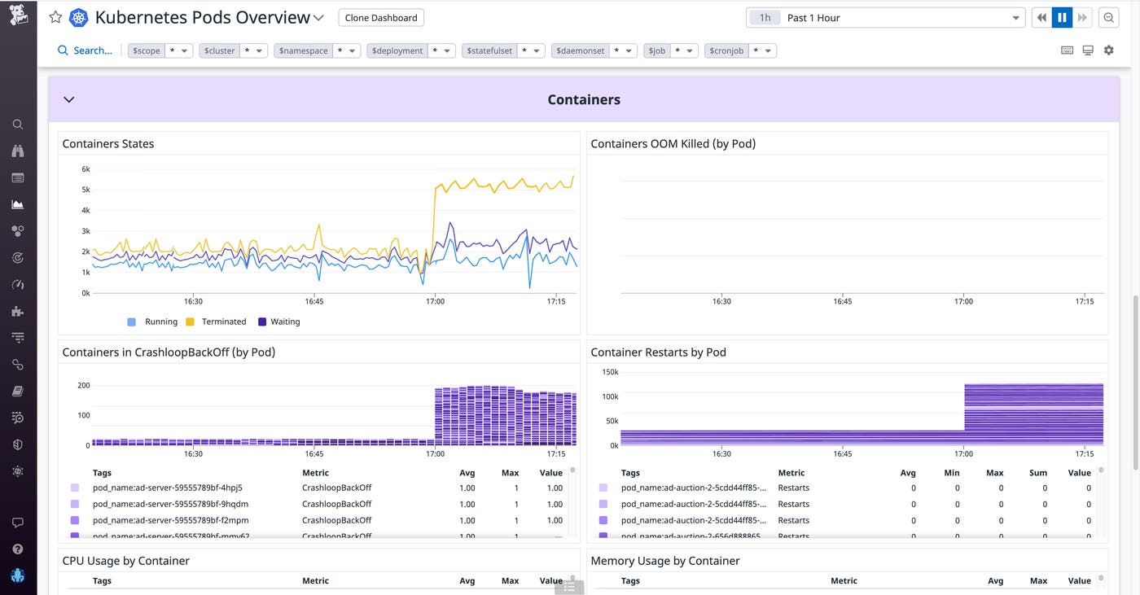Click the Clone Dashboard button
click(381, 17)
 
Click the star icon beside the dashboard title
click(55, 17)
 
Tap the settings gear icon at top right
click(1108, 50)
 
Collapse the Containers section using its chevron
click(69, 99)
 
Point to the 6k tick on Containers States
click(85, 169)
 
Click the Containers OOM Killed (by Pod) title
click(673, 143)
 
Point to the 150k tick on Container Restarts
click(610, 372)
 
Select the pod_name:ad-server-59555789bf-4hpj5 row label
click(167, 488)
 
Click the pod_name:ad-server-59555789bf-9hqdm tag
click(170, 504)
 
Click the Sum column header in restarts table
click(1037, 473)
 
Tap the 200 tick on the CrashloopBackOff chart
click(83, 385)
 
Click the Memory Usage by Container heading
click(664, 561)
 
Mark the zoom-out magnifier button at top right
click(1108, 18)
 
